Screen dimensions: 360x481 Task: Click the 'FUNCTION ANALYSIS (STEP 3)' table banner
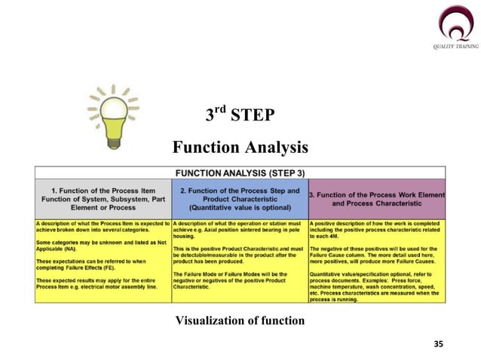point(240,170)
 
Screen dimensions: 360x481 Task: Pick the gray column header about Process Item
point(103,198)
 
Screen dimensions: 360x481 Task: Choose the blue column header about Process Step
point(240,198)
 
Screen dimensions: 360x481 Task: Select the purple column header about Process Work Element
point(376,198)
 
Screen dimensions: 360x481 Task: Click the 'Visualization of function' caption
point(240,321)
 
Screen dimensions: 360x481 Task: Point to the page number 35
point(439,343)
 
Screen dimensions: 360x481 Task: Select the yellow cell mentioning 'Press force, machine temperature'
point(376,261)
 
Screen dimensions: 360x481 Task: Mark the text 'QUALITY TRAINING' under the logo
point(455,47)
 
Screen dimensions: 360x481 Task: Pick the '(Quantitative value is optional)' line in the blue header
point(240,207)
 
